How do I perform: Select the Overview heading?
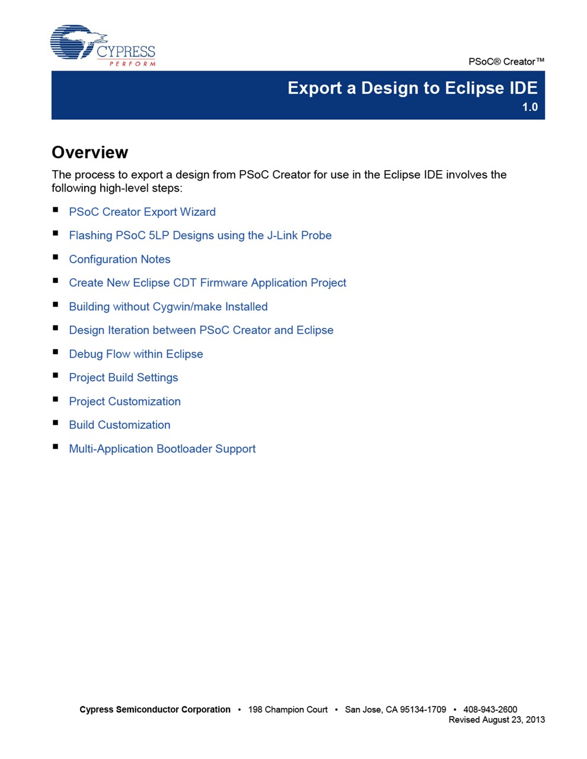(x=90, y=152)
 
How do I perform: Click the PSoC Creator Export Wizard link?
(x=142, y=212)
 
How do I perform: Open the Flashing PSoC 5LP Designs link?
(x=200, y=235)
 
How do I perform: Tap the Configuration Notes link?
(x=120, y=259)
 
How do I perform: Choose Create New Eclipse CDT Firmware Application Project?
(x=208, y=283)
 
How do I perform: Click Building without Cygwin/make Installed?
(x=168, y=307)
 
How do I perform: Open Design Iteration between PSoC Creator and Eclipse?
(x=201, y=330)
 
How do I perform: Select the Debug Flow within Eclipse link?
(x=136, y=354)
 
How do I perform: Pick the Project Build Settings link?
(x=123, y=378)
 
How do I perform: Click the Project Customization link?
(x=125, y=401)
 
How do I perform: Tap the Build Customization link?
(x=120, y=425)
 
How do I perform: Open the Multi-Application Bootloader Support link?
(x=162, y=449)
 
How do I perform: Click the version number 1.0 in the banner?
(x=529, y=107)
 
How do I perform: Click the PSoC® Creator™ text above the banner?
(x=506, y=62)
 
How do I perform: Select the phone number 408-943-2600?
(x=490, y=709)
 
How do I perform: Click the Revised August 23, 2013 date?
(x=496, y=720)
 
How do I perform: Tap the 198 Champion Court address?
(x=288, y=709)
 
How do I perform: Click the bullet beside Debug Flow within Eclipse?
(x=56, y=352)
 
